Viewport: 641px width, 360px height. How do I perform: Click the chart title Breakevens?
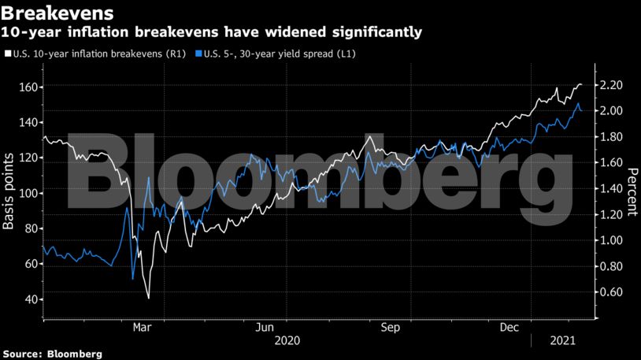pos(57,13)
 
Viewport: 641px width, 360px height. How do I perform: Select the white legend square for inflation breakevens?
pos(7,54)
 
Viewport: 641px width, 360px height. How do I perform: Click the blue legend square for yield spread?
pos(198,54)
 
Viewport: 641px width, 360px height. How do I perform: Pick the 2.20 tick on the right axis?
pos(612,85)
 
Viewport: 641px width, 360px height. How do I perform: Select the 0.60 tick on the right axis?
pos(612,292)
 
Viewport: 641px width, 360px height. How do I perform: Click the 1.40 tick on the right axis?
pos(612,189)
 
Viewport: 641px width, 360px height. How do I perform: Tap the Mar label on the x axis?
pos(143,327)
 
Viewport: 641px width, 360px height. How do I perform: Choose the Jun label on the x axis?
pos(266,327)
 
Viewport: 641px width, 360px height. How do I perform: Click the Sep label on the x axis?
pos(391,327)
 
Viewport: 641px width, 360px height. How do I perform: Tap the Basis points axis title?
pos(9,193)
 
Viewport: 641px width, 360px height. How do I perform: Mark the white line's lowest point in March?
pos(148,298)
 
